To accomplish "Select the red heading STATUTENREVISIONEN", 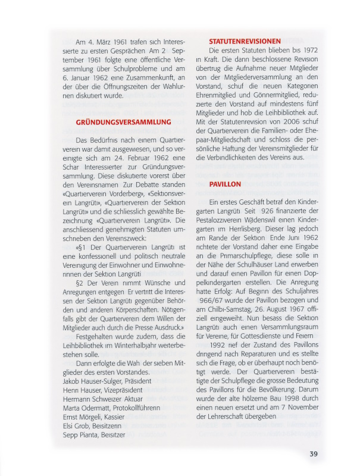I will [x=245, y=41].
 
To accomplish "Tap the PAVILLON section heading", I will [x=225, y=184].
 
